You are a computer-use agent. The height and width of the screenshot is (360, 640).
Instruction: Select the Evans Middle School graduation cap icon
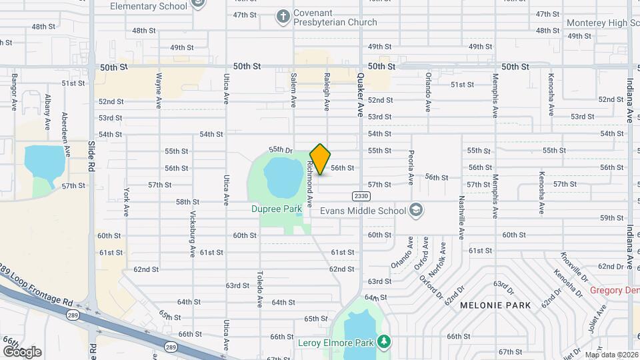click(417, 211)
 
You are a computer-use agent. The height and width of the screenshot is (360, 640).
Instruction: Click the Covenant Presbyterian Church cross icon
click(283, 17)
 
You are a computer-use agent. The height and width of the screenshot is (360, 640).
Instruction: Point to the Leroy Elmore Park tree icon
click(383, 342)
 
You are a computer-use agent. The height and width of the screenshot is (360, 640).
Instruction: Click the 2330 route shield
click(361, 196)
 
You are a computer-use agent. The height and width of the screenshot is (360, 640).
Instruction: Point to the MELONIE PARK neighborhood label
click(495, 305)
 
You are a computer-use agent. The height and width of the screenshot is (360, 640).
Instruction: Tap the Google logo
click(22, 351)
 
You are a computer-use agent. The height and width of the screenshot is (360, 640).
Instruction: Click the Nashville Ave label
click(461, 215)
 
